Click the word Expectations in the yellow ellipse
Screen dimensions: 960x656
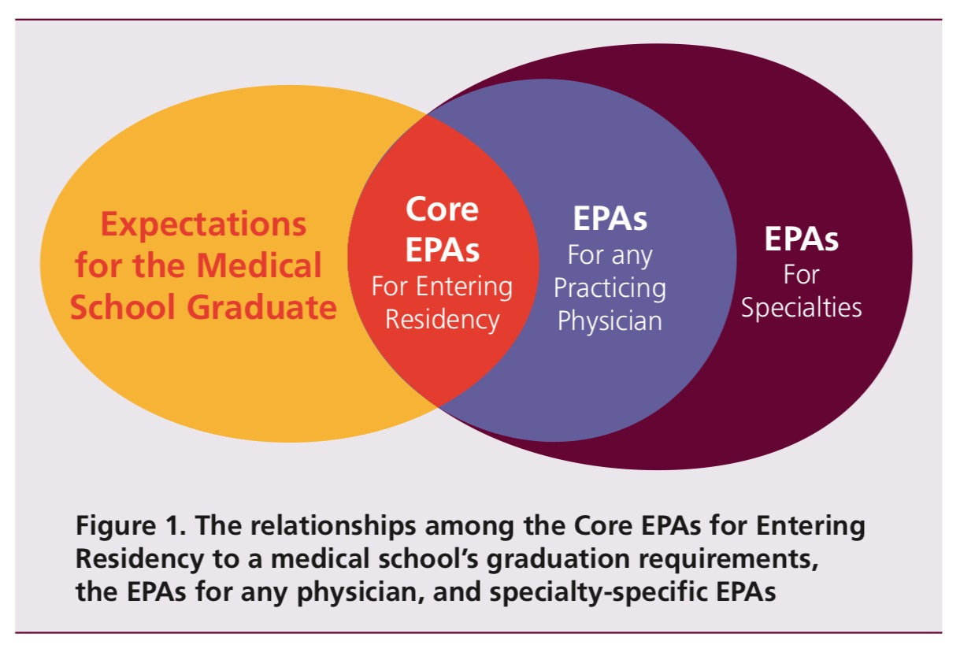tap(203, 226)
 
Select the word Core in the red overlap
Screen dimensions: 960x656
tap(442, 209)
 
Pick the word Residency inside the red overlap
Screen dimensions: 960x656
tap(442, 320)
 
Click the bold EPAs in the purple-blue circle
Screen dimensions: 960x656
tap(610, 219)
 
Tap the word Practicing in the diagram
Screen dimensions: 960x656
tap(610, 288)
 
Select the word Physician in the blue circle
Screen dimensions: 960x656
tap(610, 321)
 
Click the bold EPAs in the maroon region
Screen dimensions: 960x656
tap(801, 239)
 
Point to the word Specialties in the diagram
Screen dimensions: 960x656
tap(801, 307)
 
